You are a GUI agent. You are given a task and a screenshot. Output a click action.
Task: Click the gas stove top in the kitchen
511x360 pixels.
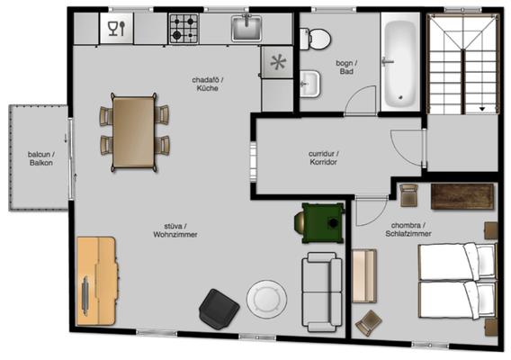pos(184,29)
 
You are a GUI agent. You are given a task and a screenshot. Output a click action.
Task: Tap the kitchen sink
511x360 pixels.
pos(247,29)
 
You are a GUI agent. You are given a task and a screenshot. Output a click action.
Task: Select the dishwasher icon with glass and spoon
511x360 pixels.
pos(116,28)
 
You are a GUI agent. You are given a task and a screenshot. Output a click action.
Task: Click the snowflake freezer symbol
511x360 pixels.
pos(278,62)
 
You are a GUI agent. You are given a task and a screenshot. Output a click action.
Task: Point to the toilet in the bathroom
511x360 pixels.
pos(315,39)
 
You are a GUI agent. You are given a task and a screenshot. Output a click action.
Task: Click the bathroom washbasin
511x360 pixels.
pos(309,84)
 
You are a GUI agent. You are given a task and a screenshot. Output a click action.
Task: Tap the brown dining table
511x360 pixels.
pos(134,132)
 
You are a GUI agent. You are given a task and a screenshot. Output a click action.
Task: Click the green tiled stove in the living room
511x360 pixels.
pos(320,223)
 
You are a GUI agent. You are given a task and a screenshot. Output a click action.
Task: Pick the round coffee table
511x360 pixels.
pos(267,299)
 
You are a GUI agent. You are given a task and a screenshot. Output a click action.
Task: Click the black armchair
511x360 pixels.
pos(219,309)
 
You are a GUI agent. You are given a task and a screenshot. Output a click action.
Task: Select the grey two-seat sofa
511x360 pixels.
pos(322,292)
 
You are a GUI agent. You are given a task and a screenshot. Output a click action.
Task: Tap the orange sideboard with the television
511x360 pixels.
pos(97,281)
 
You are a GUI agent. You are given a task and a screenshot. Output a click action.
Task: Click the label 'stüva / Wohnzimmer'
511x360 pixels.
pos(175,230)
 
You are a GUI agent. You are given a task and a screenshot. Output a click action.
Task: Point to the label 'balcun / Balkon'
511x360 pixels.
pos(41,158)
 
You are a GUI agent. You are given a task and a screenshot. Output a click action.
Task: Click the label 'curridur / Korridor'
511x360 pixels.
pos(323,157)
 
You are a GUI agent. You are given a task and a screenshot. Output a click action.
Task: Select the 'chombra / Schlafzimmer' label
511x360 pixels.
pos(408,229)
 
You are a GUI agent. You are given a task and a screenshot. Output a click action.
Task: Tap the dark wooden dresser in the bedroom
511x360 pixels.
pos(462,196)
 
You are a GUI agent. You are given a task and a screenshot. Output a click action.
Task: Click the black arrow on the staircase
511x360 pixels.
pos(482,109)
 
